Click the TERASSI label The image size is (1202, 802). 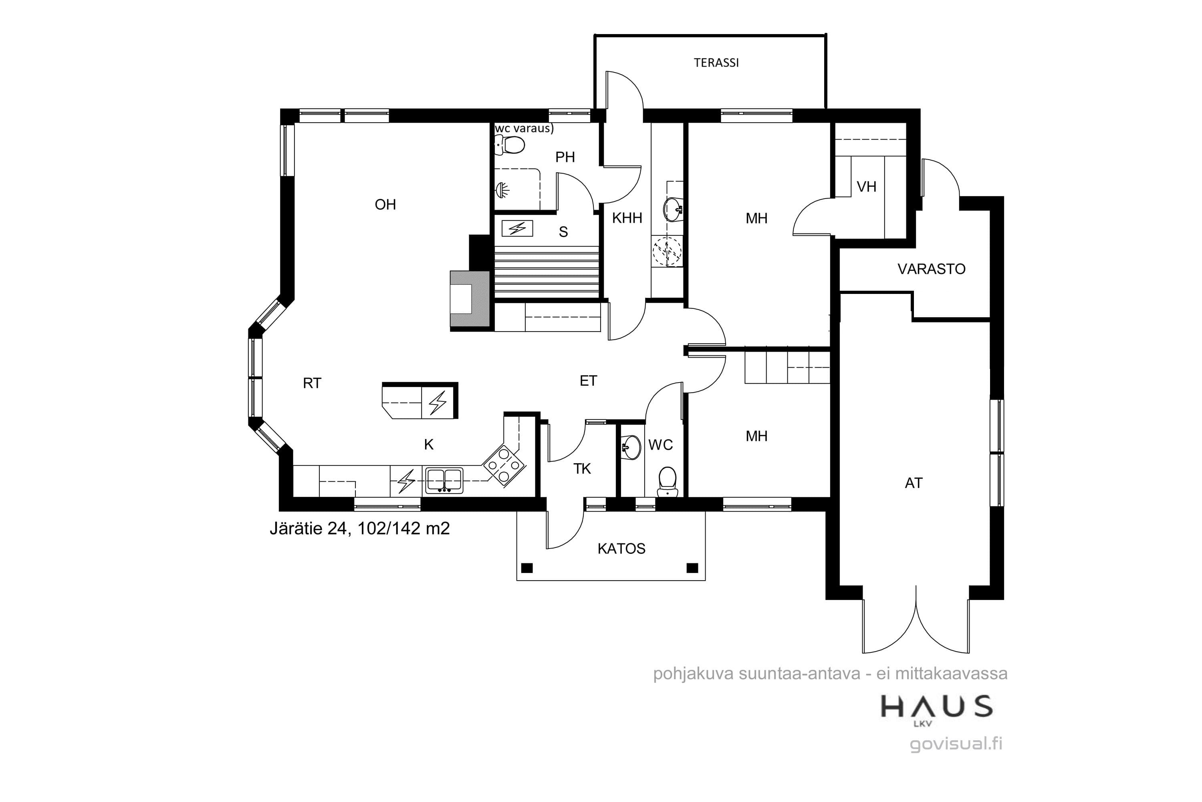click(716, 63)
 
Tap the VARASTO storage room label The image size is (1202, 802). click(931, 269)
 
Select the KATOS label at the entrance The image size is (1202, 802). click(621, 549)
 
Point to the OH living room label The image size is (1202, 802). click(385, 205)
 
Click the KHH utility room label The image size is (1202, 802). click(627, 218)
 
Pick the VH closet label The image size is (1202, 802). click(866, 187)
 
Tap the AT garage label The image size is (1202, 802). click(914, 483)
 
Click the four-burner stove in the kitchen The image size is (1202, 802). click(504, 465)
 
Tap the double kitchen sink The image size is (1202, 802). click(444, 480)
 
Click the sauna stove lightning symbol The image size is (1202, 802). click(517, 228)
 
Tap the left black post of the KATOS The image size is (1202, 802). click(526, 568)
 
